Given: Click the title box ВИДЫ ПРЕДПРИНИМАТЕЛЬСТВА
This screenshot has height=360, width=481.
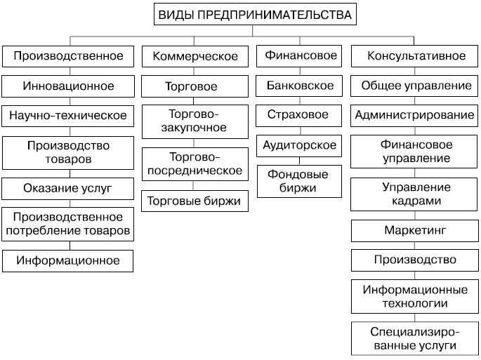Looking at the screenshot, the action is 255,14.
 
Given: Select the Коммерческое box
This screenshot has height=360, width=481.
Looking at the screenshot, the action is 195,56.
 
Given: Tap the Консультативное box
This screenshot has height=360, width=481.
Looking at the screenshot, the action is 414,56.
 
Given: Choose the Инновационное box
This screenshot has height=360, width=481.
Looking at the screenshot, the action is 68,86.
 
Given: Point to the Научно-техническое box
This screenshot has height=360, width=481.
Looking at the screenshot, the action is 68,116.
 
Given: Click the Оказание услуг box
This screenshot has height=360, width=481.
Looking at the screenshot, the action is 68,189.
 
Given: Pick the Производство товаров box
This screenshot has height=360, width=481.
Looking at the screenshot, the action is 68,153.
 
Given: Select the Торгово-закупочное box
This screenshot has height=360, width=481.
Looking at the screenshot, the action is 195,121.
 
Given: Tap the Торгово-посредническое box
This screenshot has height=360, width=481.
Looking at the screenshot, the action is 195,164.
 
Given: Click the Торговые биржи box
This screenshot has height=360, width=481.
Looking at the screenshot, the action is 195,201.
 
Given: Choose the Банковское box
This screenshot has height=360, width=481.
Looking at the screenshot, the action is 299,86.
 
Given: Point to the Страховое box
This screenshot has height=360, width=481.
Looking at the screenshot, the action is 299,116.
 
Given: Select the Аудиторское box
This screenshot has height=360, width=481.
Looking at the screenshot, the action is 299,146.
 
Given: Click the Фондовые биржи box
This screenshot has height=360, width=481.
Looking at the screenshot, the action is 299,181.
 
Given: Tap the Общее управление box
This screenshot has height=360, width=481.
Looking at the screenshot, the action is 414,86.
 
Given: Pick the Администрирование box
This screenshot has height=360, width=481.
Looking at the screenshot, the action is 414,116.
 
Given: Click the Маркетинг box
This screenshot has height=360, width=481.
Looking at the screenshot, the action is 415,231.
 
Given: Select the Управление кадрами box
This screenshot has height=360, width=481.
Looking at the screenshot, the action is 414,194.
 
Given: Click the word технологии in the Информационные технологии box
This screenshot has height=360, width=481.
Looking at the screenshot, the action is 415,303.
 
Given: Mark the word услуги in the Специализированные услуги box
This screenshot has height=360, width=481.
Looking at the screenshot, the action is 435,345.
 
